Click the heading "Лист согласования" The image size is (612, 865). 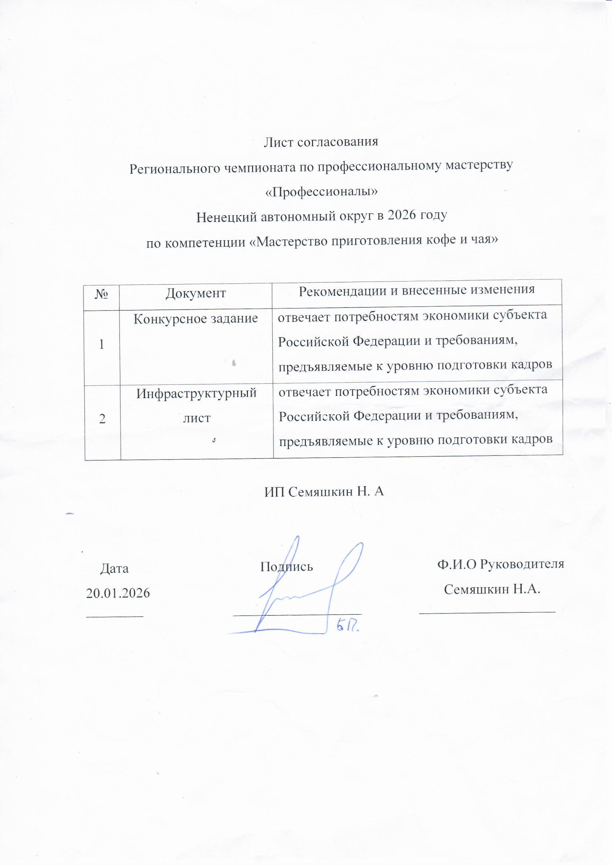(x=321, y=142)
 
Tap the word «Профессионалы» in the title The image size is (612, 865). (x=321, y=191)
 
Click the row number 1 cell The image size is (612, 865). (x=102, y=344)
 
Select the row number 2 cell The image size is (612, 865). (x=102, y=419)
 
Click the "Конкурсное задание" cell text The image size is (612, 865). (x=196, y=319)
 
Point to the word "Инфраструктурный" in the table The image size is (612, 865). (x=196, y=394)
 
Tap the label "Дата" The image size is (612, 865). (x=114, y=568)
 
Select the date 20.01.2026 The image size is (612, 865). (x=118, y=593)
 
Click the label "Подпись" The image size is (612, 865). (x=287, y=566)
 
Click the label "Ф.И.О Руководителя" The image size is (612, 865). (x=501, y=564)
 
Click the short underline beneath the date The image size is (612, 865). (x=115, y=616)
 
